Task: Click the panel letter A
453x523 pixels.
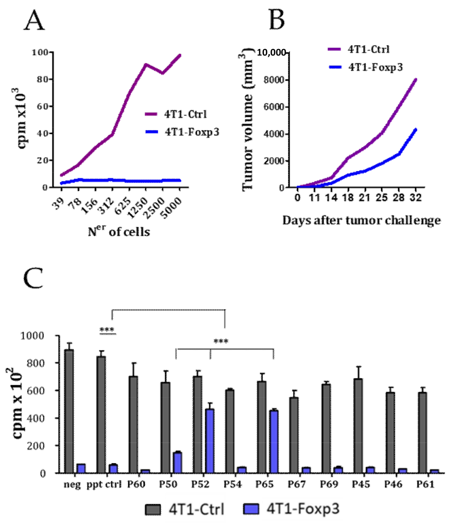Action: [34, 20]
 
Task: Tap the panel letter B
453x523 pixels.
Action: [276, 20]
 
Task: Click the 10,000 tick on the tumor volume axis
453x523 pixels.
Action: [271, 53]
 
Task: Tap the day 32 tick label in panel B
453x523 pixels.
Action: [415, 197]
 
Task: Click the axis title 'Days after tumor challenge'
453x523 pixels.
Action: [361, 220]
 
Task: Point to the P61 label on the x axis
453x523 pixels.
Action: [425, 484]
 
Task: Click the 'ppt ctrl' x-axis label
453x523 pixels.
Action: [104, 484]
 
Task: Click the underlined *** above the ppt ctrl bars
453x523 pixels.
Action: [107, 330]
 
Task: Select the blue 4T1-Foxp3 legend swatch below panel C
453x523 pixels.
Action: [251, 509]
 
